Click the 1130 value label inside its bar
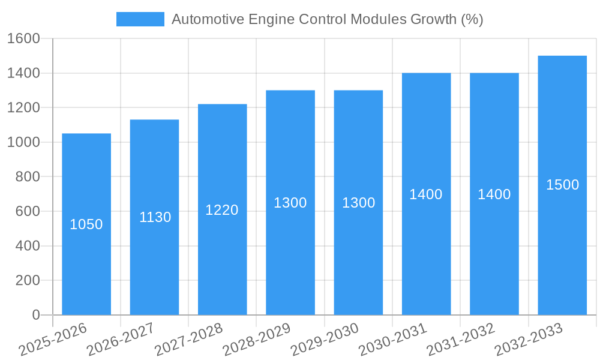pyautogui.click(x=155, y=217)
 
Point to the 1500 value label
pyautogui.click(x=562, y=185)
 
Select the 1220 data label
pyautogui.click(x=222, y=210)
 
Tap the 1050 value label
pyautogui.click(x=86, y=224)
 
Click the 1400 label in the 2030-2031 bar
pyautogui.click(x=426, y=194)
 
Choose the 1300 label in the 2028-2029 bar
pyautogui.click(x=290, y=203)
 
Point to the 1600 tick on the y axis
pyautogui.click(x=23, y=39)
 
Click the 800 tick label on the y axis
pyautogui.click(x=27, y=177)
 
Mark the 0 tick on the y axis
pyautogui.click(x=35, y=315)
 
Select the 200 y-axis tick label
pyautogui.click(x=27, y=280)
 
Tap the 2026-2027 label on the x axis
pyautogui.click(x=121, y=340)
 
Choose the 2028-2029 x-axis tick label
pyautogui.click(x=257, y=340)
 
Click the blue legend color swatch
pyautogui.click(x=140, y=19)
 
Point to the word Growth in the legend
pyautogui.click(x=433, y=19)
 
